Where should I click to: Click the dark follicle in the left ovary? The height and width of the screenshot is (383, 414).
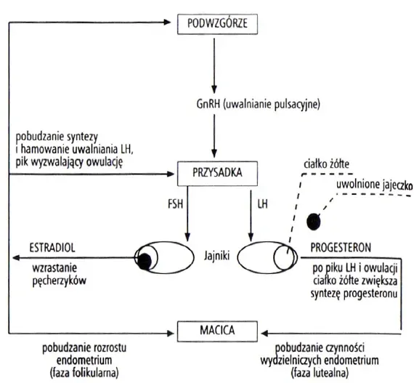click(145, 258)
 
